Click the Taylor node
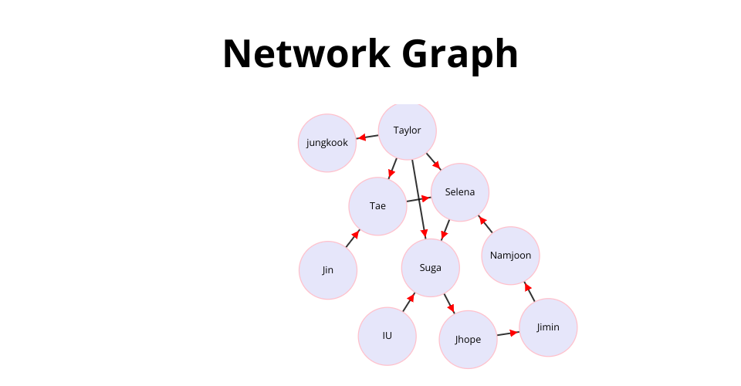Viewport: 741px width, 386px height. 407,131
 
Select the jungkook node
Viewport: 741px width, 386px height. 327,143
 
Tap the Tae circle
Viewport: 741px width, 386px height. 377,206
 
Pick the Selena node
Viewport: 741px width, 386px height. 460,192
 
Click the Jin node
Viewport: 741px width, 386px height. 327,270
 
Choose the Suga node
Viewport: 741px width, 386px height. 430,268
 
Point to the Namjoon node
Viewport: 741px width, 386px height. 510,256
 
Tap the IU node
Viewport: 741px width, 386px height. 387,336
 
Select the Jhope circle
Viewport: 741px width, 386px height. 468,339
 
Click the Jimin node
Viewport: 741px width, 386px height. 548,327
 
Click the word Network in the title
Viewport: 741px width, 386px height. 306,54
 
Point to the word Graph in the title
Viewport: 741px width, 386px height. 460,56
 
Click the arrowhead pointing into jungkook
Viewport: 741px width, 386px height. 361,137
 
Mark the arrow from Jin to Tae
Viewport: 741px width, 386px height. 353,238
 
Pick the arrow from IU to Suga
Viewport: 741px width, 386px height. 409,302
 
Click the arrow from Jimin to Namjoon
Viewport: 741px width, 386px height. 530,292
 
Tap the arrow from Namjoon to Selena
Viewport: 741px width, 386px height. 486,224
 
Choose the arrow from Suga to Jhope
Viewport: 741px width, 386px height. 449,304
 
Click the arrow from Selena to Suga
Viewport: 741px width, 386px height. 445,229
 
